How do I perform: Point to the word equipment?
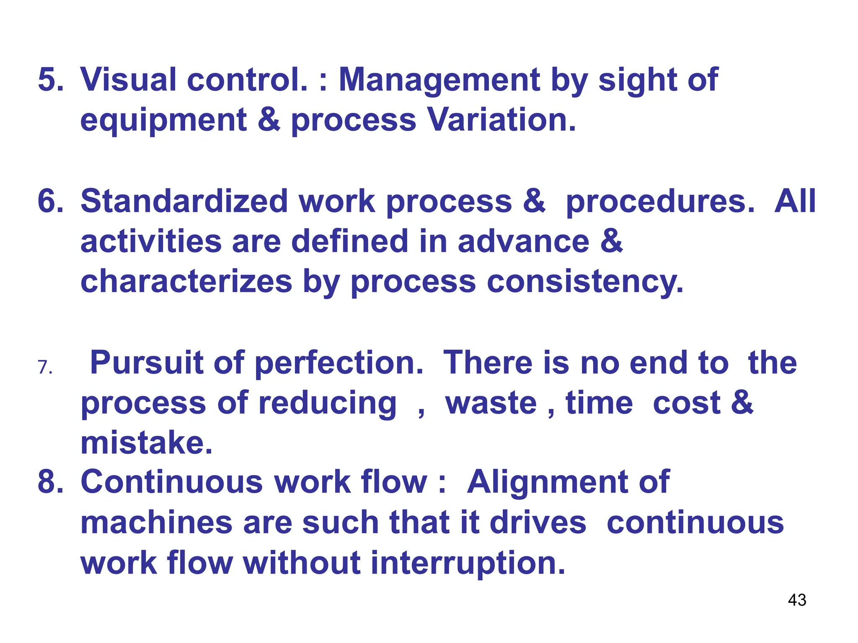163,121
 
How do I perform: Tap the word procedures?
660,202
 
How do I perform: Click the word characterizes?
186,281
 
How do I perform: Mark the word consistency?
585,281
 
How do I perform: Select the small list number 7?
45,368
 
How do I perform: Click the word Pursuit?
146,363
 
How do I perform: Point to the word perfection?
339,363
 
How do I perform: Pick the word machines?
156,522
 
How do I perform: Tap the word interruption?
468,563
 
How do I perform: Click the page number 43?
797,600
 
